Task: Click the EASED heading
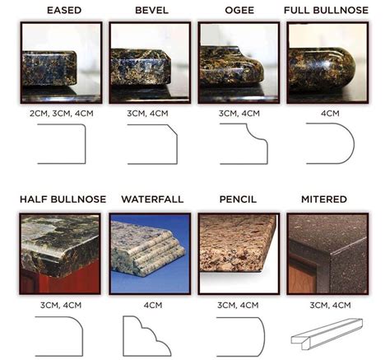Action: click(x=64, y=11)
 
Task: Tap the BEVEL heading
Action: click(x=151, y=11)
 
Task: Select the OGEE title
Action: click(x=239, y=11)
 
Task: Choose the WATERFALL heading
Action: click(x=152, y=199)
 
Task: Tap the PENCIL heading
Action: click(x=238, y=199)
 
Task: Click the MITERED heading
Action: click(x=324, y=199)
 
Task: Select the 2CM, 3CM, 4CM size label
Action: click(x=62, y=114)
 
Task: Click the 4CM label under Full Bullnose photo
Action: click(x=330, y=114)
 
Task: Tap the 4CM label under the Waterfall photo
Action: click(x=153, y=305)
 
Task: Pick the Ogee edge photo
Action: click(x=239, y=63)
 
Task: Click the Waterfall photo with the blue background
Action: click(x=150, y=254)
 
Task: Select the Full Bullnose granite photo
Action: click(x=327, y=63)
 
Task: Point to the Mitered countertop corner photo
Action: click(x=327, y=254)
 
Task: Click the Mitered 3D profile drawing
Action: click(x=327, y=334)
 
